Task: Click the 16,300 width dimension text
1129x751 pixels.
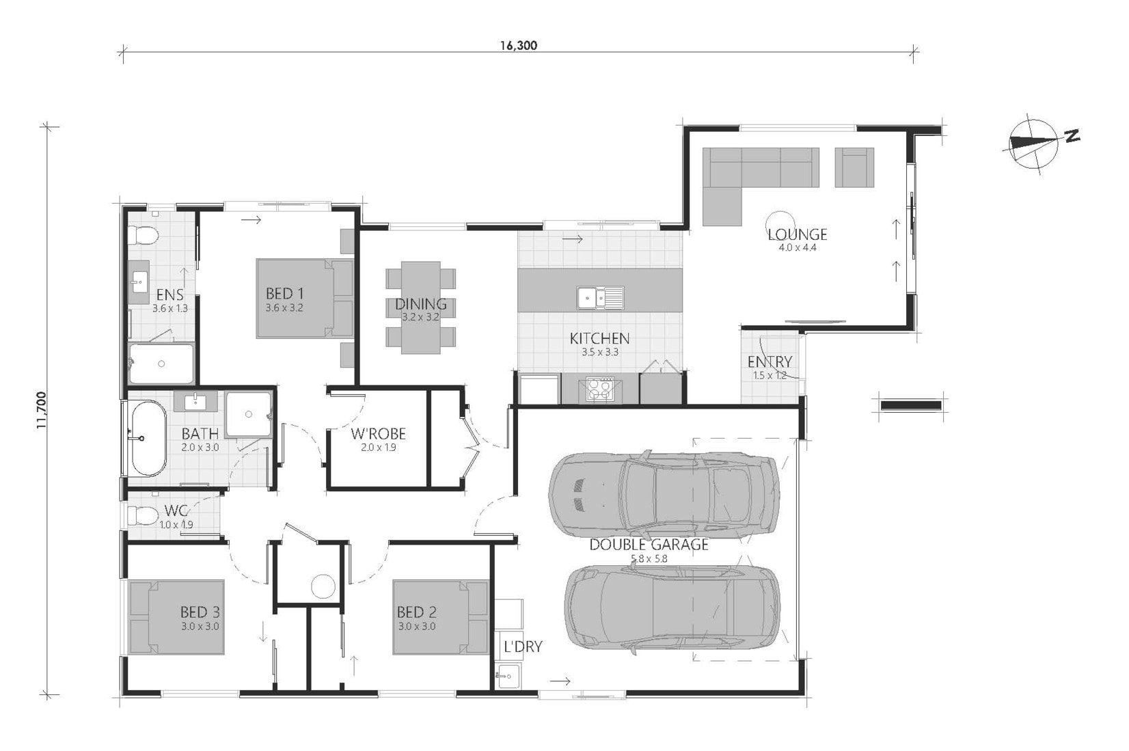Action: tap(519, 45)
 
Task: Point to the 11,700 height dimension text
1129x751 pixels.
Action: tap(41, 410)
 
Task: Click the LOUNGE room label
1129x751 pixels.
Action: tap(798, 234)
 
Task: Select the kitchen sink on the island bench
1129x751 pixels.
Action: tap(600, 297)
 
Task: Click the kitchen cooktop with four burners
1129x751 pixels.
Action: tap(600, 389)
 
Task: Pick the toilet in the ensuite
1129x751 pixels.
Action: tap(143, 235)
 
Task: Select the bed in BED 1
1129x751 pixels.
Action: tap(304, 299)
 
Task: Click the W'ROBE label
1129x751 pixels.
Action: tap(378, 433)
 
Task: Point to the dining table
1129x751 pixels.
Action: tap(421, 308)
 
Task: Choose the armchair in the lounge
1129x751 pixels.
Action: tap(854, 167)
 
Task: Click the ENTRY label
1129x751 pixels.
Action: tap(770, 362)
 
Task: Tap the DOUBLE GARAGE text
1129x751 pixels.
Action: tap(649, 545)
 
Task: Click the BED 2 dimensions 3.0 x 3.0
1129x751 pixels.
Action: tap(417, 627)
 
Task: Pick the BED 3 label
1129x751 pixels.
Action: tap(200, 612)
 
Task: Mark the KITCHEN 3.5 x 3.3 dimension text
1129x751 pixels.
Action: tap(600, 353)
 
